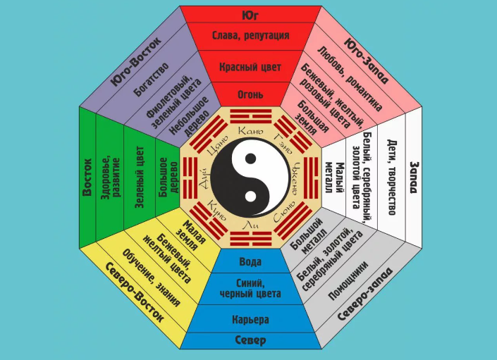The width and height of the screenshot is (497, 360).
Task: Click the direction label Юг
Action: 250,15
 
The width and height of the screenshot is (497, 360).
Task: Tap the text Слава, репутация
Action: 250,35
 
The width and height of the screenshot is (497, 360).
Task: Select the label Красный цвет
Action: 250,67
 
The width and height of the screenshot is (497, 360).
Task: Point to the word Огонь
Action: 250,94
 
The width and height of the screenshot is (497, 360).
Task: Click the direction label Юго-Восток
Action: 136,61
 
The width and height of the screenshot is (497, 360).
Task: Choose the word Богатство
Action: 151,80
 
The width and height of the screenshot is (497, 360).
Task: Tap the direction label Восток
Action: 87,177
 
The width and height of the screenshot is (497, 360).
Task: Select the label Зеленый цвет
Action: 140,178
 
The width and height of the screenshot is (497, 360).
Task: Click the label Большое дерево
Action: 168,178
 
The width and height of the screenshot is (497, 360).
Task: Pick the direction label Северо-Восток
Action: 135,292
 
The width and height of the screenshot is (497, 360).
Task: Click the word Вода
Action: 250,262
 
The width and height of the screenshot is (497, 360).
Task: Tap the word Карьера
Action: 250,319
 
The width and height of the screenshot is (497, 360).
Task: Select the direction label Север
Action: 250,340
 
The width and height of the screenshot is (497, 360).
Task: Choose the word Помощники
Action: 348,280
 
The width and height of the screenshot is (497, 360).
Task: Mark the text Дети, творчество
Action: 392,178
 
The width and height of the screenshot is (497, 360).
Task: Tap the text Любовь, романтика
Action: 350,79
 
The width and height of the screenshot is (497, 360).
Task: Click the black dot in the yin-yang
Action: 250,159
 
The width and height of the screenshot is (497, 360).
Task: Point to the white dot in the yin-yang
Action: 250,196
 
